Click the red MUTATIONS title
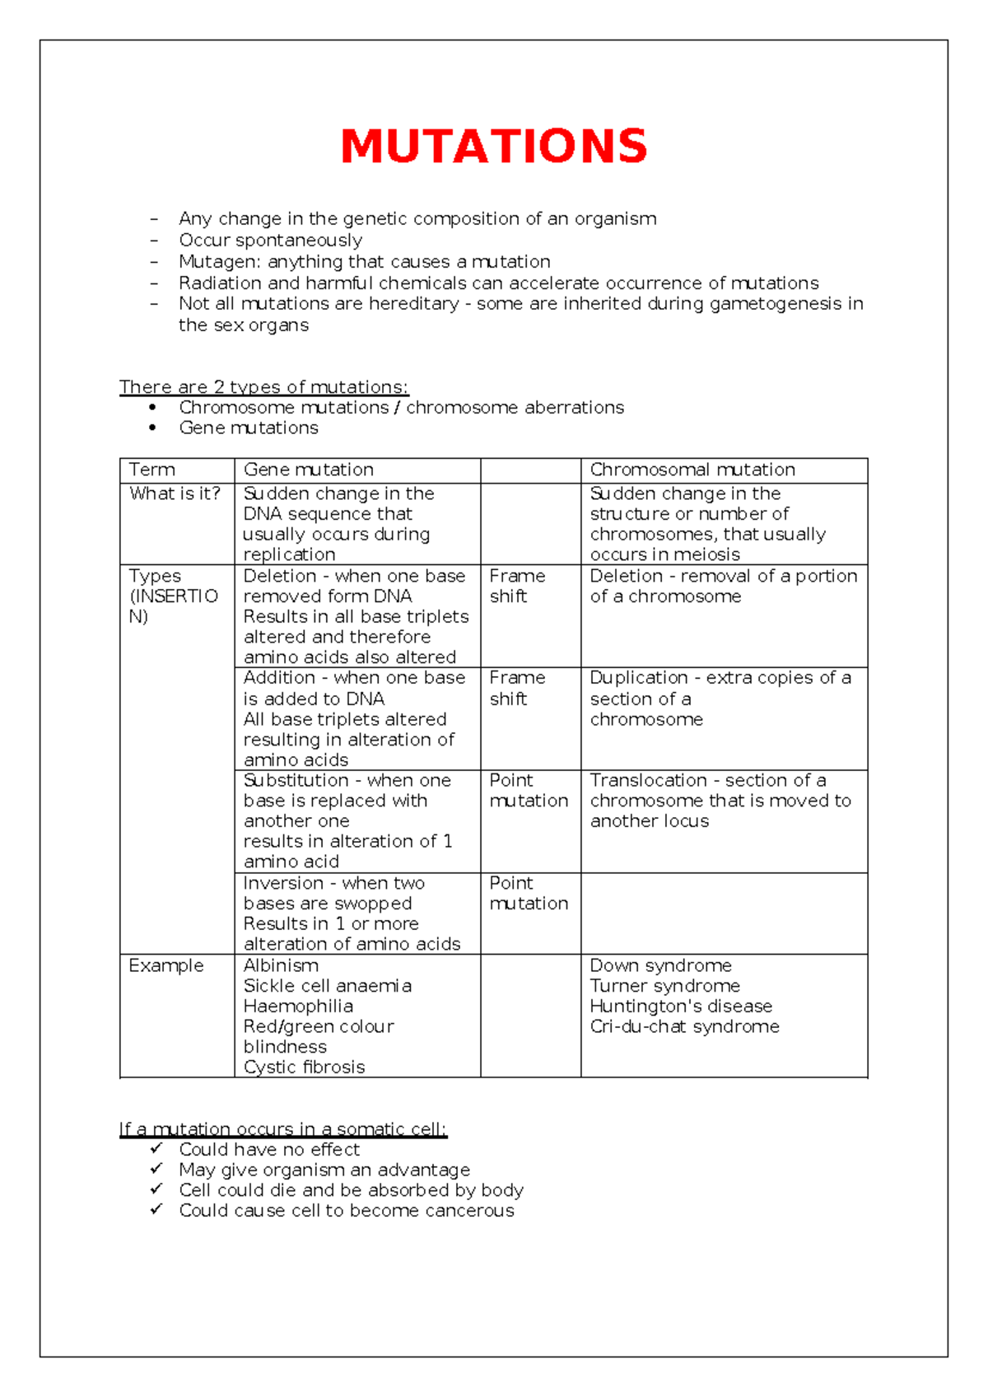tap(494, 147)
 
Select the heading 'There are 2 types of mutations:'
tap(263, 387)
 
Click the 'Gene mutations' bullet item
tap(248, 428)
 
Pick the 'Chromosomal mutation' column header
tap(692, 470)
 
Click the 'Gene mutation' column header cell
tap(308, 470)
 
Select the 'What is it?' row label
tap(175, 493)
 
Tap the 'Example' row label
tap(165, 965)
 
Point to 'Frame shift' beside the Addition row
tap(517, 688)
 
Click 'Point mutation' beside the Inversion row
tap(528, 893)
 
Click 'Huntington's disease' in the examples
tap(680, 1006)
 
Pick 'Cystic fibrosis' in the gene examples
tap(304, 1067)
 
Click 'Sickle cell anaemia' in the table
tap(327, 986)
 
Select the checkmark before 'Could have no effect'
tap(156, 1148)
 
